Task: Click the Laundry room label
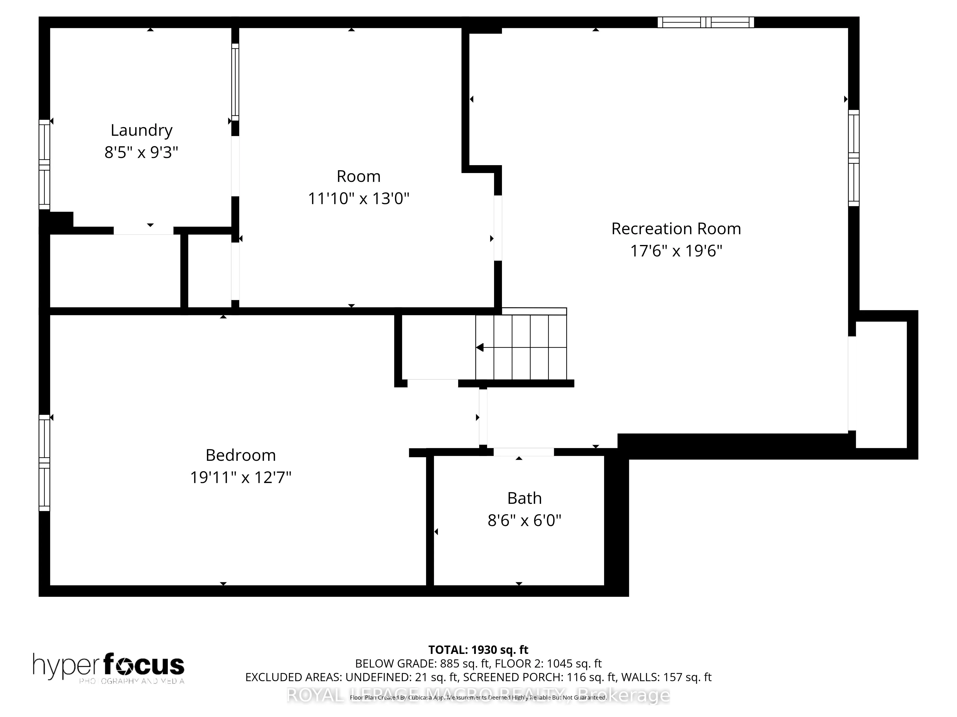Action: pyautogui.click(x=141, y=130)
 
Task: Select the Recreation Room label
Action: pyautogui.click(x=676, y=229)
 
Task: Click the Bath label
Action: pyautogui.click(x=524, y=498)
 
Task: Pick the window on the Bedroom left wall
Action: pyautogui.click(x=45, y=462)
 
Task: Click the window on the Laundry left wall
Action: pyautogui.click(x=45, y=165)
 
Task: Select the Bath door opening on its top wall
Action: pyautogui.click(x=523, y=452)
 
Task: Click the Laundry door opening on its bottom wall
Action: pyautogui.click(x=143, y=231)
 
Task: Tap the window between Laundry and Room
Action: pyautogui.click(x=235, y=82)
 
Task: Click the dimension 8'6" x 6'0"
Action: pyautogui.click(x=524, y=520)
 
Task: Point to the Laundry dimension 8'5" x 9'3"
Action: pyautogui.click(x=141, y=152)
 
